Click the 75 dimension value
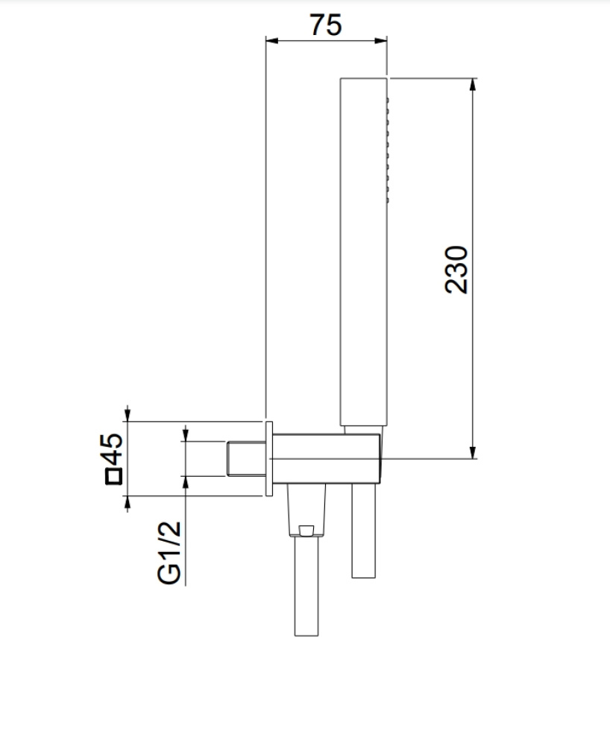coord(326,25)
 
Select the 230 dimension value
coord(456,270)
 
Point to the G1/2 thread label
coord(169,553)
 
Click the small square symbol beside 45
coord(113,477)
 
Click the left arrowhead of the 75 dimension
coord(272,41)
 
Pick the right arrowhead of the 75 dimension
coord(381,41)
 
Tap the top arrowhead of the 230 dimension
coord(473,85)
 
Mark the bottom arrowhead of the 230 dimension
coord(473,452)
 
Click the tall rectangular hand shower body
coord(364,252)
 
